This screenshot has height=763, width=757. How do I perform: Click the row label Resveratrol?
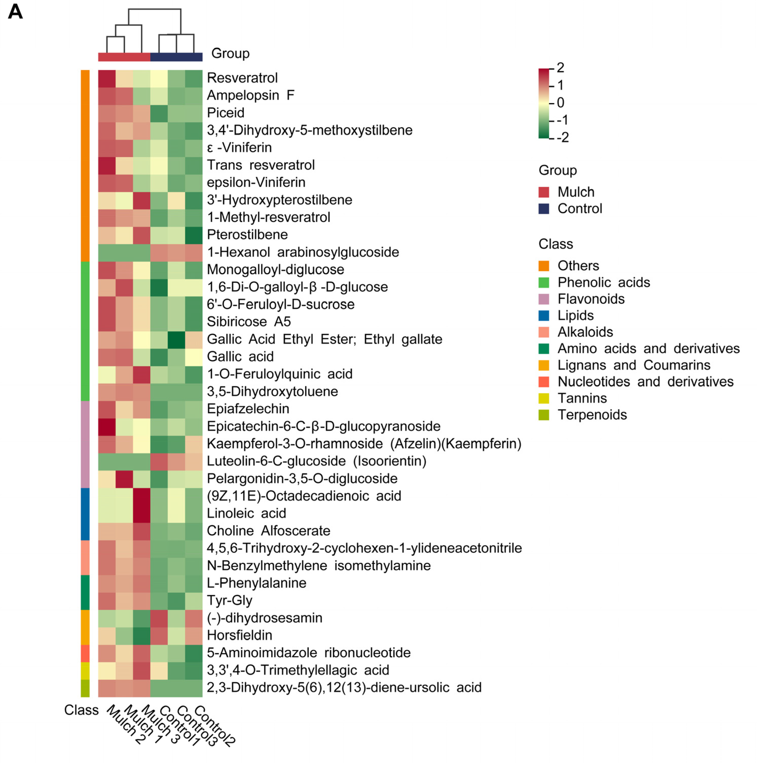coord(242,78)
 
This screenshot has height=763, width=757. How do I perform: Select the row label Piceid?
coord(225,113)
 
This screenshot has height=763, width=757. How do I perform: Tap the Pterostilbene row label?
coord(247,235)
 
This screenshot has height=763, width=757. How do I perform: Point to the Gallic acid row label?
coord(240,357)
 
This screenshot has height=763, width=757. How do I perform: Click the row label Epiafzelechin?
coord(248,409)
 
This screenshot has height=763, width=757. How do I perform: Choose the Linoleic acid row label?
coord(246,513)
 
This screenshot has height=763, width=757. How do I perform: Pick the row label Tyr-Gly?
coord(229,600)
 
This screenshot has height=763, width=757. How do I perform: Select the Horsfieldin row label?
coord(239,635)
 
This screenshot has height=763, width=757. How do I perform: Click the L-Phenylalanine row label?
coord(256,583)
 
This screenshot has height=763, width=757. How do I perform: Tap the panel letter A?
coord(15,12)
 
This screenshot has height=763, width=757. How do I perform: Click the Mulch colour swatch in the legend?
coord(544,192)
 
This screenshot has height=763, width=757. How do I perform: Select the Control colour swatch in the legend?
coord(544,209)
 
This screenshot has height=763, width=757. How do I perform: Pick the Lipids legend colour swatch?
coord(544,315)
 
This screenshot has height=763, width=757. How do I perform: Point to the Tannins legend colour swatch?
coord(544,398)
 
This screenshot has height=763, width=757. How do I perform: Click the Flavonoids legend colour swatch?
coord(544,299)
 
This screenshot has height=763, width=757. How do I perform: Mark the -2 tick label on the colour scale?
coord(563,137)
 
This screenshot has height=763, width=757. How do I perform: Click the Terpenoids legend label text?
coord(592,415)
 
